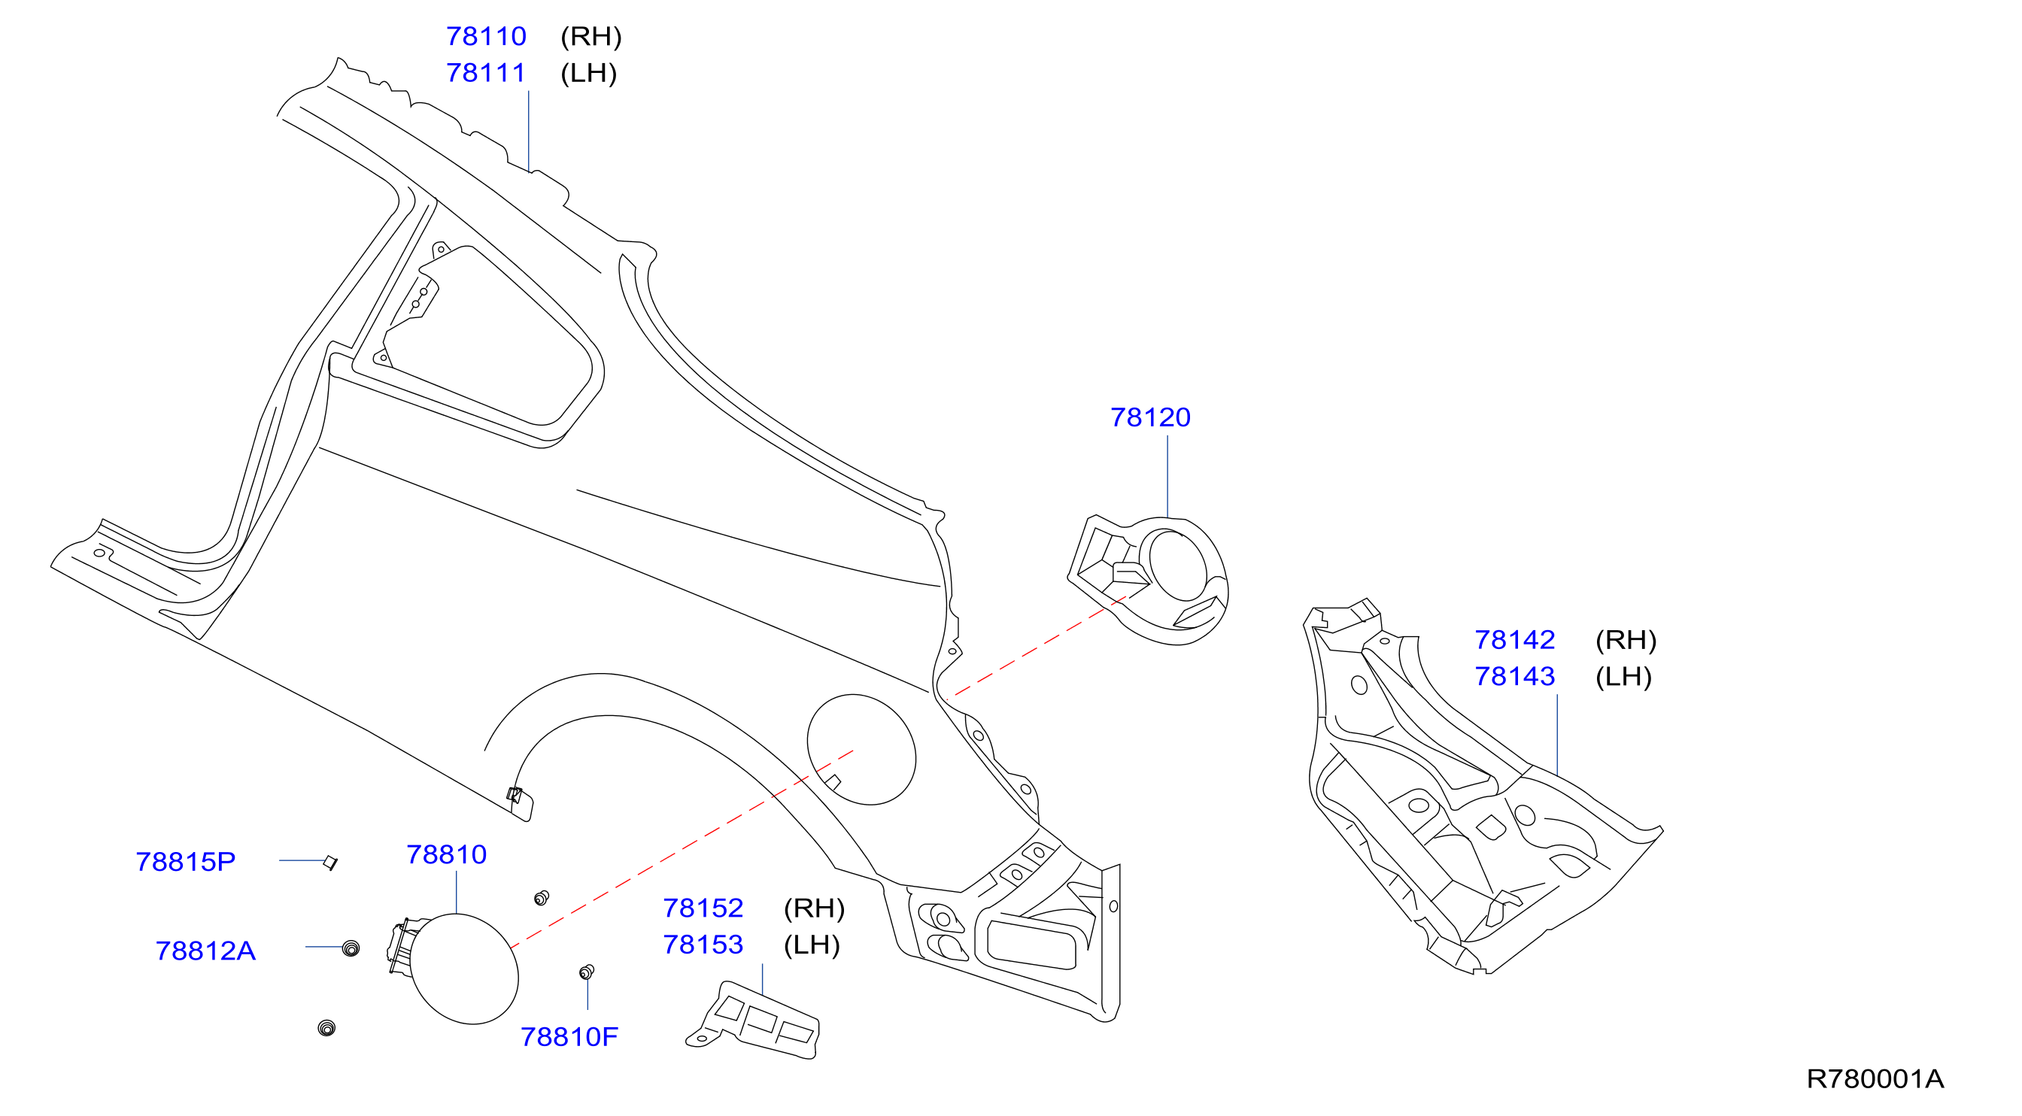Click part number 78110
point(486,36)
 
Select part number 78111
point(486,73)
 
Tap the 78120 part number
point(1150,417)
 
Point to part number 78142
point(1515,641)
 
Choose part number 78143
point(1515,677)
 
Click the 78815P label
point(186,862)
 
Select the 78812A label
point(205,951)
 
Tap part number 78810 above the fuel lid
point(447,854)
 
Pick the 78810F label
point(569,1038)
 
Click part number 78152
point(703,908)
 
